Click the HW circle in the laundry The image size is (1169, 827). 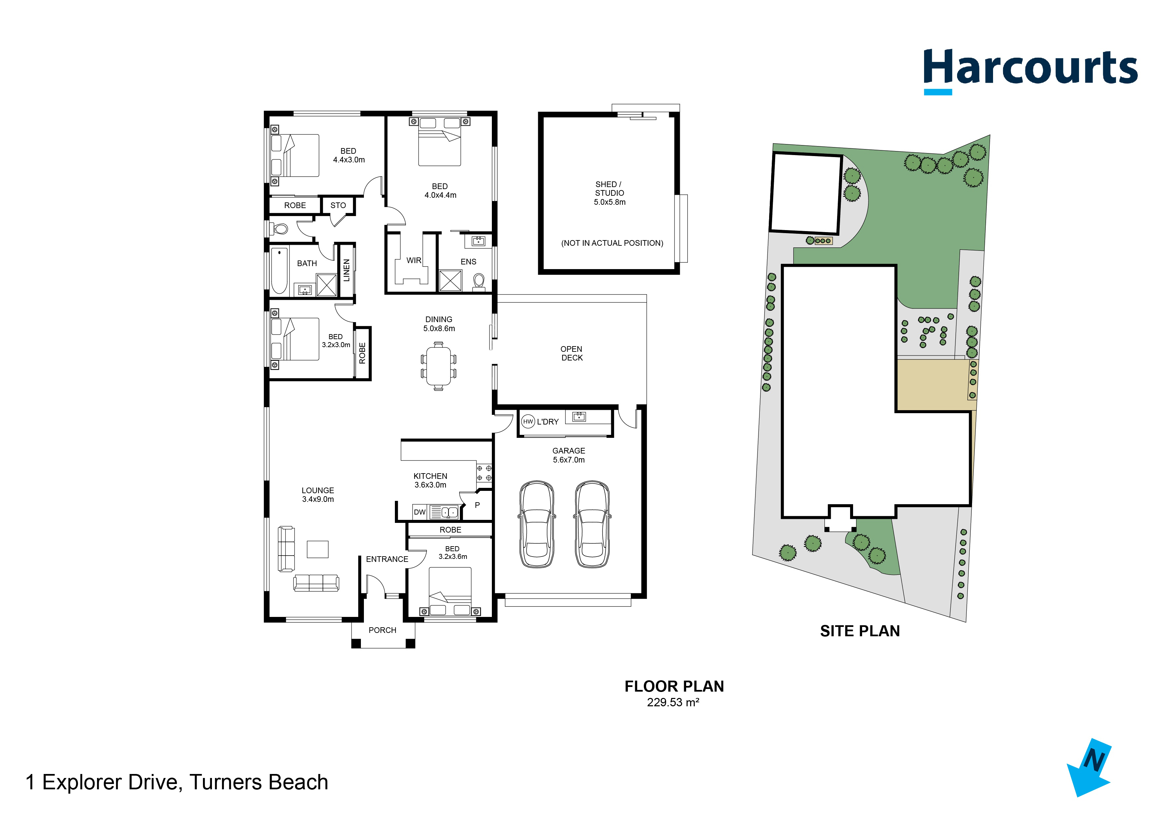tap(528, 422)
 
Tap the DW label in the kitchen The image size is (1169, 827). tap(420, 512)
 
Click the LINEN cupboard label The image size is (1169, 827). tap(347, 270)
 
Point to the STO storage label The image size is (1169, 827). tap(338, 205)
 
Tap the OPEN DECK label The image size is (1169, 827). tap(572, 353)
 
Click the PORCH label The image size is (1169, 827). tap(382, 630)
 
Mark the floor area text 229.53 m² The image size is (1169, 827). tap(672, 702)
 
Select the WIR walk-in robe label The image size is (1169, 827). tap(414, 260)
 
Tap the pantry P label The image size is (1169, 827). tap(477, 505)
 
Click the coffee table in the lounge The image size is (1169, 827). tap(318, 549)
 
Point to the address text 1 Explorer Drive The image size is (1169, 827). tap(177, 782)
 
